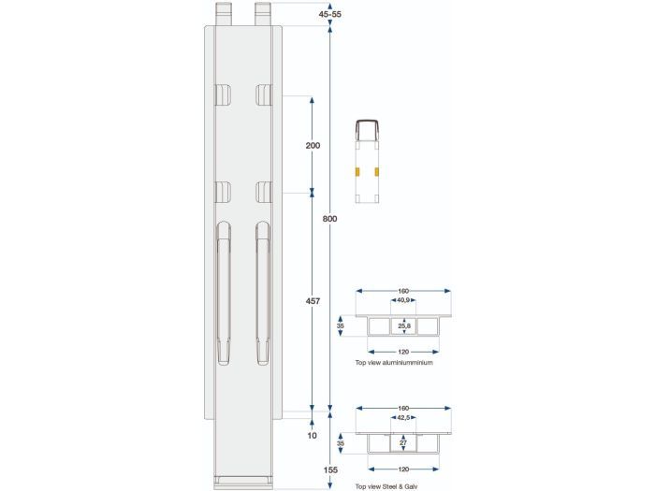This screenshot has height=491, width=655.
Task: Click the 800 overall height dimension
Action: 329,218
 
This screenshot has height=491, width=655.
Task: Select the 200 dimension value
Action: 313,145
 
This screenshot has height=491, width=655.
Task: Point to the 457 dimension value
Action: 313,301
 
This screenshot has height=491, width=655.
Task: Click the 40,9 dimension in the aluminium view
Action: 403,301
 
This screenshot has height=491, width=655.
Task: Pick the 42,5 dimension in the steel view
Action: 403,418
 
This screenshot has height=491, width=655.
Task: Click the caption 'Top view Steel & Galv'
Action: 388,487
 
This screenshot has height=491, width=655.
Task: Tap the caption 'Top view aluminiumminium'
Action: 394,361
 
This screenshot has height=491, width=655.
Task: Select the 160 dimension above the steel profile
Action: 403,407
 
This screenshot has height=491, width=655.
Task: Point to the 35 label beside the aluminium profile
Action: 342,326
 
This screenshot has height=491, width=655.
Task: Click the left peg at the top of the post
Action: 226,13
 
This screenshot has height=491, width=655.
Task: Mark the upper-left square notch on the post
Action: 223,94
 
